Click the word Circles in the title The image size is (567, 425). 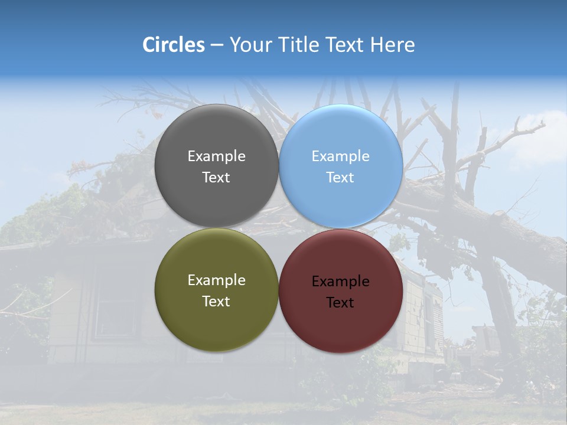coord(173,45)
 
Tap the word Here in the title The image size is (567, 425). coord(392,45)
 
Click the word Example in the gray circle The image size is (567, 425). coord(216,156)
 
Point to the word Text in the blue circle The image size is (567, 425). coord(340,177)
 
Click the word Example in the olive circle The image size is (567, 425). coord(216,280)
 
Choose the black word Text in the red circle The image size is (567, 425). coord(340,302)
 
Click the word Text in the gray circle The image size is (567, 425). coord(216,177)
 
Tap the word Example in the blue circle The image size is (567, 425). coord(340,156)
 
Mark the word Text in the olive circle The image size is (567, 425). coord(216,301)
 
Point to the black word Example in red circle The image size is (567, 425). coord(340,281)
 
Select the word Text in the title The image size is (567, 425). coord(345,45)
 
